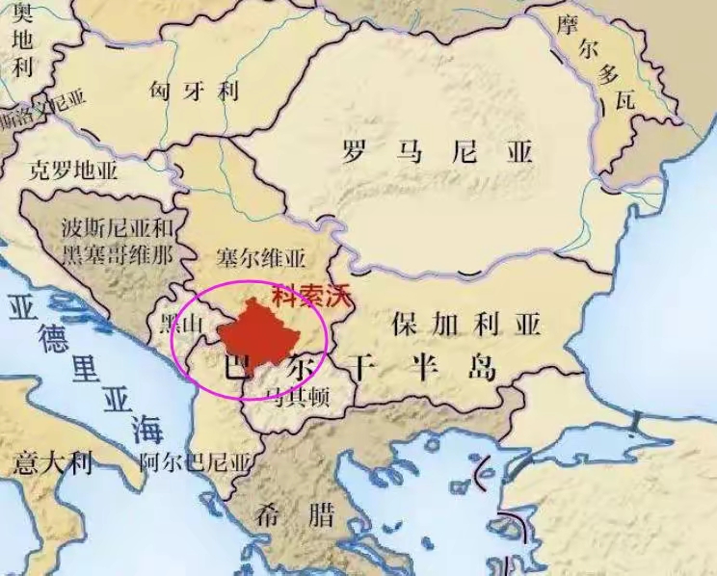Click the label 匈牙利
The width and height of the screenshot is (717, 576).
pyautogui.click(x=194, y=92)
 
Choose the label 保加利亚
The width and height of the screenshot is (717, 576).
pyautogui.click(x=466, y=323)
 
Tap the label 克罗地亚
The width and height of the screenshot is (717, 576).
pyautogui.click(x=72, y=172)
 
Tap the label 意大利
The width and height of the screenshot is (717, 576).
pyautogui.click(x=53, y=465)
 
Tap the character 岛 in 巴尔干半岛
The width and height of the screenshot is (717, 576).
pyautogui.click(x=482, y=368)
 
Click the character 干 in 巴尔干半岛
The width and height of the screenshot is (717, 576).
pyautogui.click(x=361, y=368)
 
